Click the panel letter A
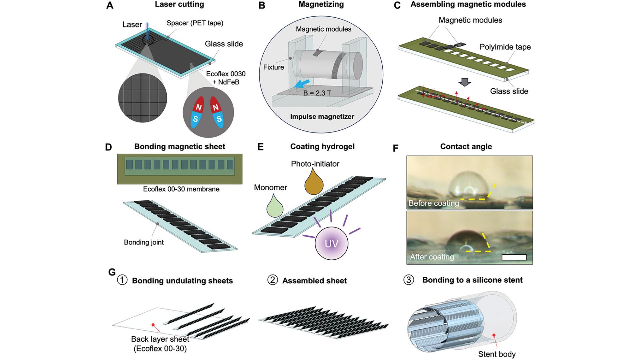[x=110, y=6]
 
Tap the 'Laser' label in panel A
[x=132, y=25]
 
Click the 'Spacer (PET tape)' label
[x=195, y=23]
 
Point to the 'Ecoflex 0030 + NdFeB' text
[x=226, y=78]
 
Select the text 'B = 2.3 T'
[x=317, y=93]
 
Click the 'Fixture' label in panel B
[x=273, y=67]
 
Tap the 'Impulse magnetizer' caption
[x=322, y=117]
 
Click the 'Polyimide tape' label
[x=505, y=47]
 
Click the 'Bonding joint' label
[x=144, y=242]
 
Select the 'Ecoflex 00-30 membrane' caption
[x=181, y=189]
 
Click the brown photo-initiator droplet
[x=314, y=183]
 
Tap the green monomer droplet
[x=275, y=207]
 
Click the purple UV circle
[x=331, y=243]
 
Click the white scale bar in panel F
[x=514, y=257]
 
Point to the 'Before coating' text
[x=433, y=203]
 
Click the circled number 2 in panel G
[x=272, y=280]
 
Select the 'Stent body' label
[x=497, y=354]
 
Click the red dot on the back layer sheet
[x=153, y=325]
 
